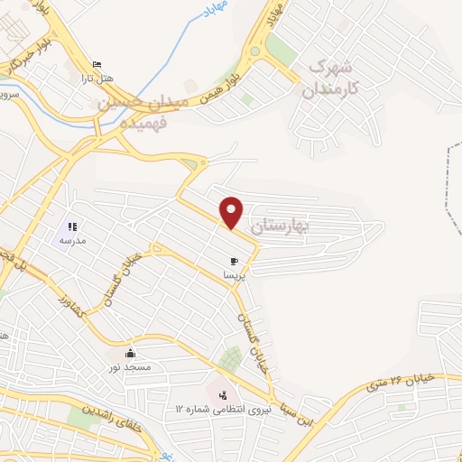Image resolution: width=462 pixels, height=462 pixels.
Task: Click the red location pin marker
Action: point(233,211)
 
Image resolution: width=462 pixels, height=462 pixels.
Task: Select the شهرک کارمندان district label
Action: point(333,78)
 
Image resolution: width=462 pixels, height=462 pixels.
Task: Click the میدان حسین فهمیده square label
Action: point(144,111)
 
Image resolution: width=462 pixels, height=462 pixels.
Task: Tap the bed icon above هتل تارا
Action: point(97,65)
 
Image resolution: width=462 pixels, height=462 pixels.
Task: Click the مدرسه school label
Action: point(72,241)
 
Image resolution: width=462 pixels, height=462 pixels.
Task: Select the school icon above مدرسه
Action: point(72,227)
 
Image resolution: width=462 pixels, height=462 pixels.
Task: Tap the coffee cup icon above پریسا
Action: point(235,262)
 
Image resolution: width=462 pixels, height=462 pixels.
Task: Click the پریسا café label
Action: point(235,274)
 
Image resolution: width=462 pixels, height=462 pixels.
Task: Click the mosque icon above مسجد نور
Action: point(131,354)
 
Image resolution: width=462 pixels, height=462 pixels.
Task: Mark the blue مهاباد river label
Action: point(207,12)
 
